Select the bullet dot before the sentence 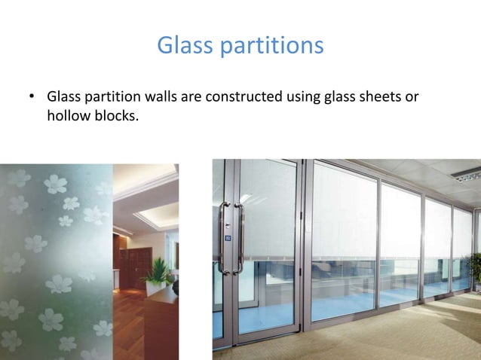point(32,98)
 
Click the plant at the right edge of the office point(475,271)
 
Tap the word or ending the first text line point(412,99)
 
